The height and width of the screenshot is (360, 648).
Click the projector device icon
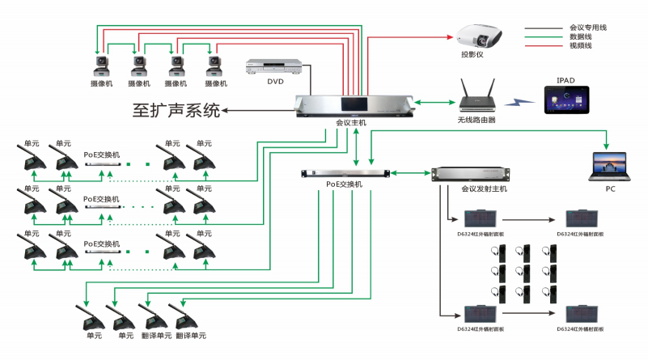point(479,36)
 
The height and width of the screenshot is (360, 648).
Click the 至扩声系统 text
point(176,110)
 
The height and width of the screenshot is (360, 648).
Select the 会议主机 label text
point(351,123)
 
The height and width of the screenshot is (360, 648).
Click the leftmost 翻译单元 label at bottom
point(154,335)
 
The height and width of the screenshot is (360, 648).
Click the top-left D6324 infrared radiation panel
point(479,218)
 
